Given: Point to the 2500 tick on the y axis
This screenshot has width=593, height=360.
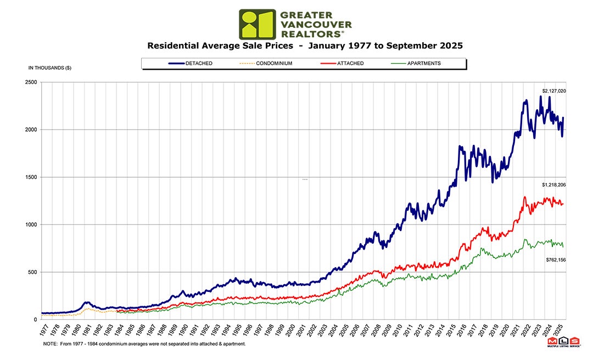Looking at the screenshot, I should [x=31, y=82].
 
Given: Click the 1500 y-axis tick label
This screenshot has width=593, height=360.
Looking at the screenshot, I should [x=31, y=177].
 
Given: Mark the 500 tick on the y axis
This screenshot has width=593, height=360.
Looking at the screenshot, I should [x=32, y=272].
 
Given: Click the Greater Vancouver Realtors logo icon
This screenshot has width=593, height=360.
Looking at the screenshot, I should [x=257, y=24].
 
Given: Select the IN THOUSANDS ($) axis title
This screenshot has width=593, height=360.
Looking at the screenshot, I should [x=49, y=68].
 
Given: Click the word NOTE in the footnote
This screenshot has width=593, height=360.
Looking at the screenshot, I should [x=50, y=344].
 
